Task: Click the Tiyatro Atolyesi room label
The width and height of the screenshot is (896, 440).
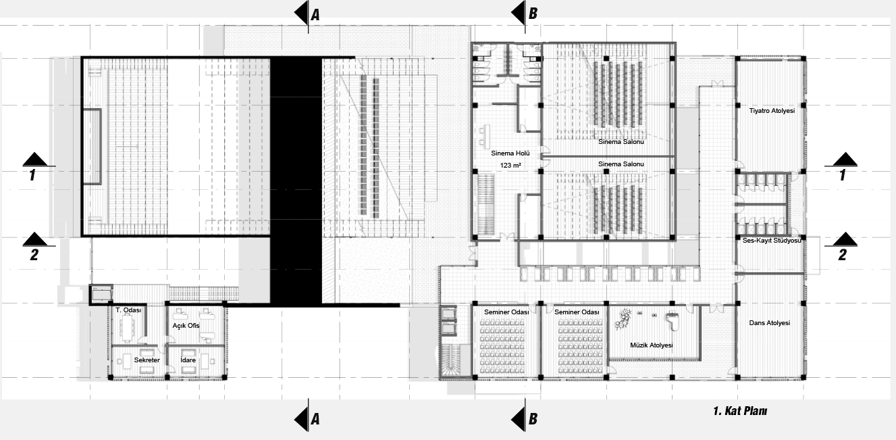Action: point(772,111)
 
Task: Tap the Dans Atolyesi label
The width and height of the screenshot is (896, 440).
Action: point(769,323)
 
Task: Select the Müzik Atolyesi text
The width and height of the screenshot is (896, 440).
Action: point(651,345)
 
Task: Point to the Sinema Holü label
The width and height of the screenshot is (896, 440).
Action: point(510,153)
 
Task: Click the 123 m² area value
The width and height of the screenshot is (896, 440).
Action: point(510,166)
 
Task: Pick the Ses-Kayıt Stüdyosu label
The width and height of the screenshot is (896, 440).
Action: point(772,241)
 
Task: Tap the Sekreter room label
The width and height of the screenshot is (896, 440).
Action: point(147,360)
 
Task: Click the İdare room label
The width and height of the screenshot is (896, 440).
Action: point(188,360)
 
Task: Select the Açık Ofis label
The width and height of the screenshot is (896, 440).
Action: point(186,326)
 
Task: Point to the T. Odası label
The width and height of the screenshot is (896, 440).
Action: point(128,310)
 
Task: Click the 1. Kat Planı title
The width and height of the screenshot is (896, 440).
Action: point(740,411)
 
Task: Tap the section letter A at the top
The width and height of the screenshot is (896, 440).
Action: point(315,16)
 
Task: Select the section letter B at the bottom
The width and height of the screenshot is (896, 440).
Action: point(533,419)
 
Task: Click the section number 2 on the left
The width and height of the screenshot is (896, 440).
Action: point(34,255)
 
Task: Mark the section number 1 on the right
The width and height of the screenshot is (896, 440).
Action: point(843,175)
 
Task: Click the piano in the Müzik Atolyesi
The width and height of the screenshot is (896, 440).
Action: point(673,322)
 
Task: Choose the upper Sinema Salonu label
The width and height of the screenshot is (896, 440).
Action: point(621,142)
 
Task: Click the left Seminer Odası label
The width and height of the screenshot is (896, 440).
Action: point(506,312)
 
